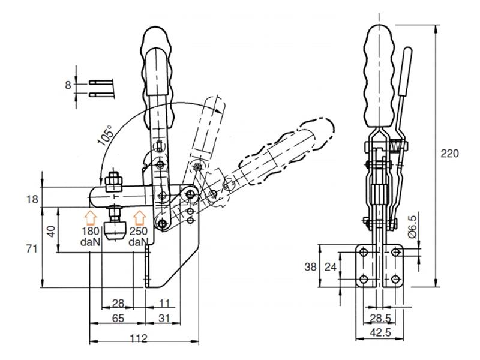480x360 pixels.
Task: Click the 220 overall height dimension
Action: [x=449, y=153]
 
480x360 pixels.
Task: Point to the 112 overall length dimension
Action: [x=139, y=338]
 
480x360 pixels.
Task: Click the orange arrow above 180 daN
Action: [x=89, y=217]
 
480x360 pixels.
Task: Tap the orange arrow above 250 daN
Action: [x=139, y=217]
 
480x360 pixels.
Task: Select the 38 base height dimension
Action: [x=325, y=266]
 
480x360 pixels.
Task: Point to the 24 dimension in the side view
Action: [x=347, y=266]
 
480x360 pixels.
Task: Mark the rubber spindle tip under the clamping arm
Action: [x=113, y=232]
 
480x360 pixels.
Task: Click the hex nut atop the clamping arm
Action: [x=113, y=181]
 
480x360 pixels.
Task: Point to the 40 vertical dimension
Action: [x=53, y=230]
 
